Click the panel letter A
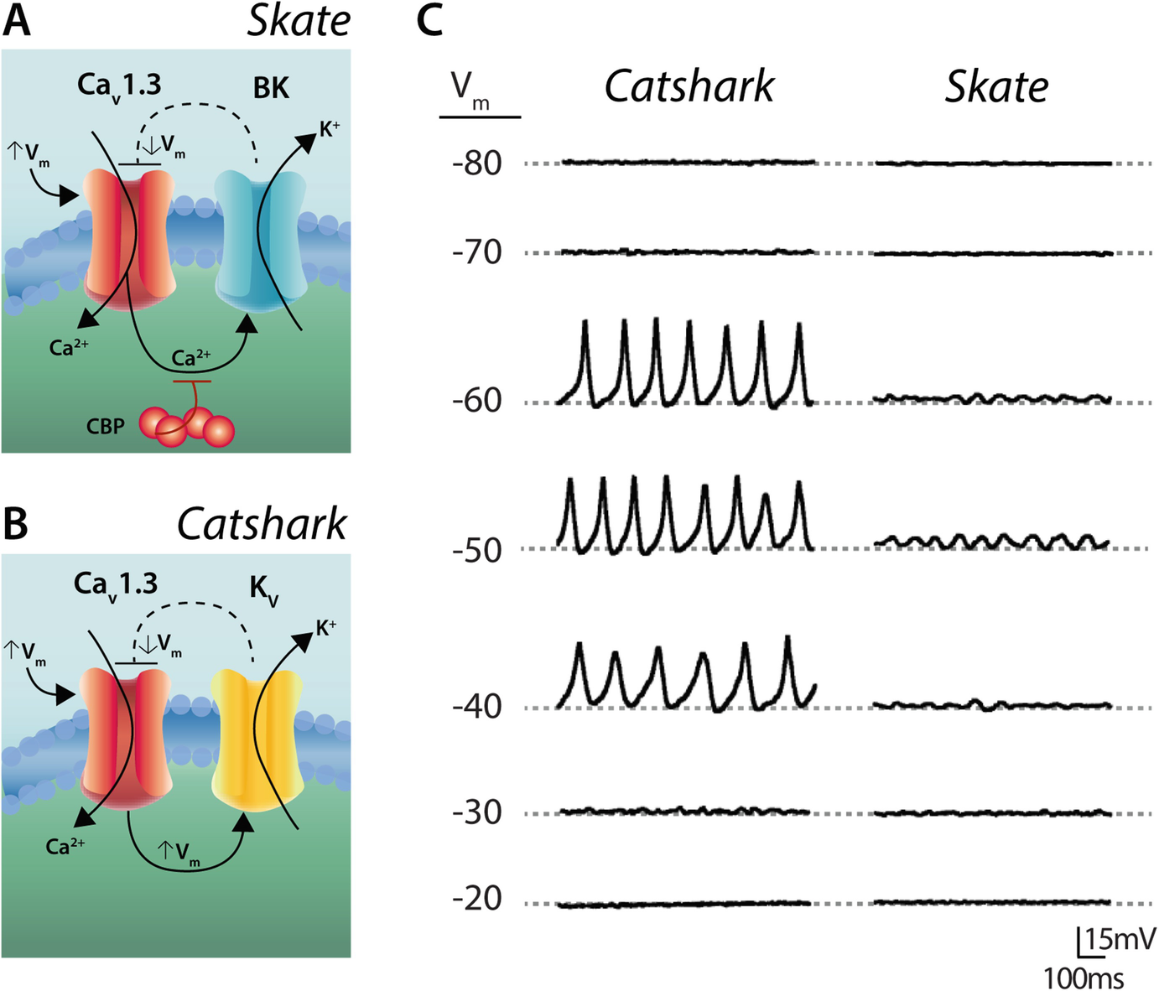pyautogui.click(x=17, y=20)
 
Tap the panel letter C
pyautogui.click(x=429, y=20)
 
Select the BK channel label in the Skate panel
pyautogui.click(x=271, y=88)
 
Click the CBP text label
pyautogui.click(x=105, y=427)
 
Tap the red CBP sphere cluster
pyautogui.click(x=186, y=424)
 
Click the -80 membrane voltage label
pyautogui.click(x=476, y=163)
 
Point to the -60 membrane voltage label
pyautogui.click(x=476, y=401)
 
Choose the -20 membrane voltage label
pyautogui.click(x=476, y=899)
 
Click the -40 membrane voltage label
pyautogui.click(x=476, y=707)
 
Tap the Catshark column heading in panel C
pyautogui.click(x=689, y=86)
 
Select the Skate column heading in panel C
pyautogui.click(x=996, y=86)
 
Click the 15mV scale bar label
pyautogui.click(x=1120, y=939)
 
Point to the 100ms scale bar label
pyautogui.click(x=1084, y=978)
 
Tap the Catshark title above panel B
pyautogui.click(x=262, y=524)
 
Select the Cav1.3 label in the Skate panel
pyautogui.click(x=119, y=86)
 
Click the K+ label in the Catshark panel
pyautogui.click(x=326, y=627)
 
